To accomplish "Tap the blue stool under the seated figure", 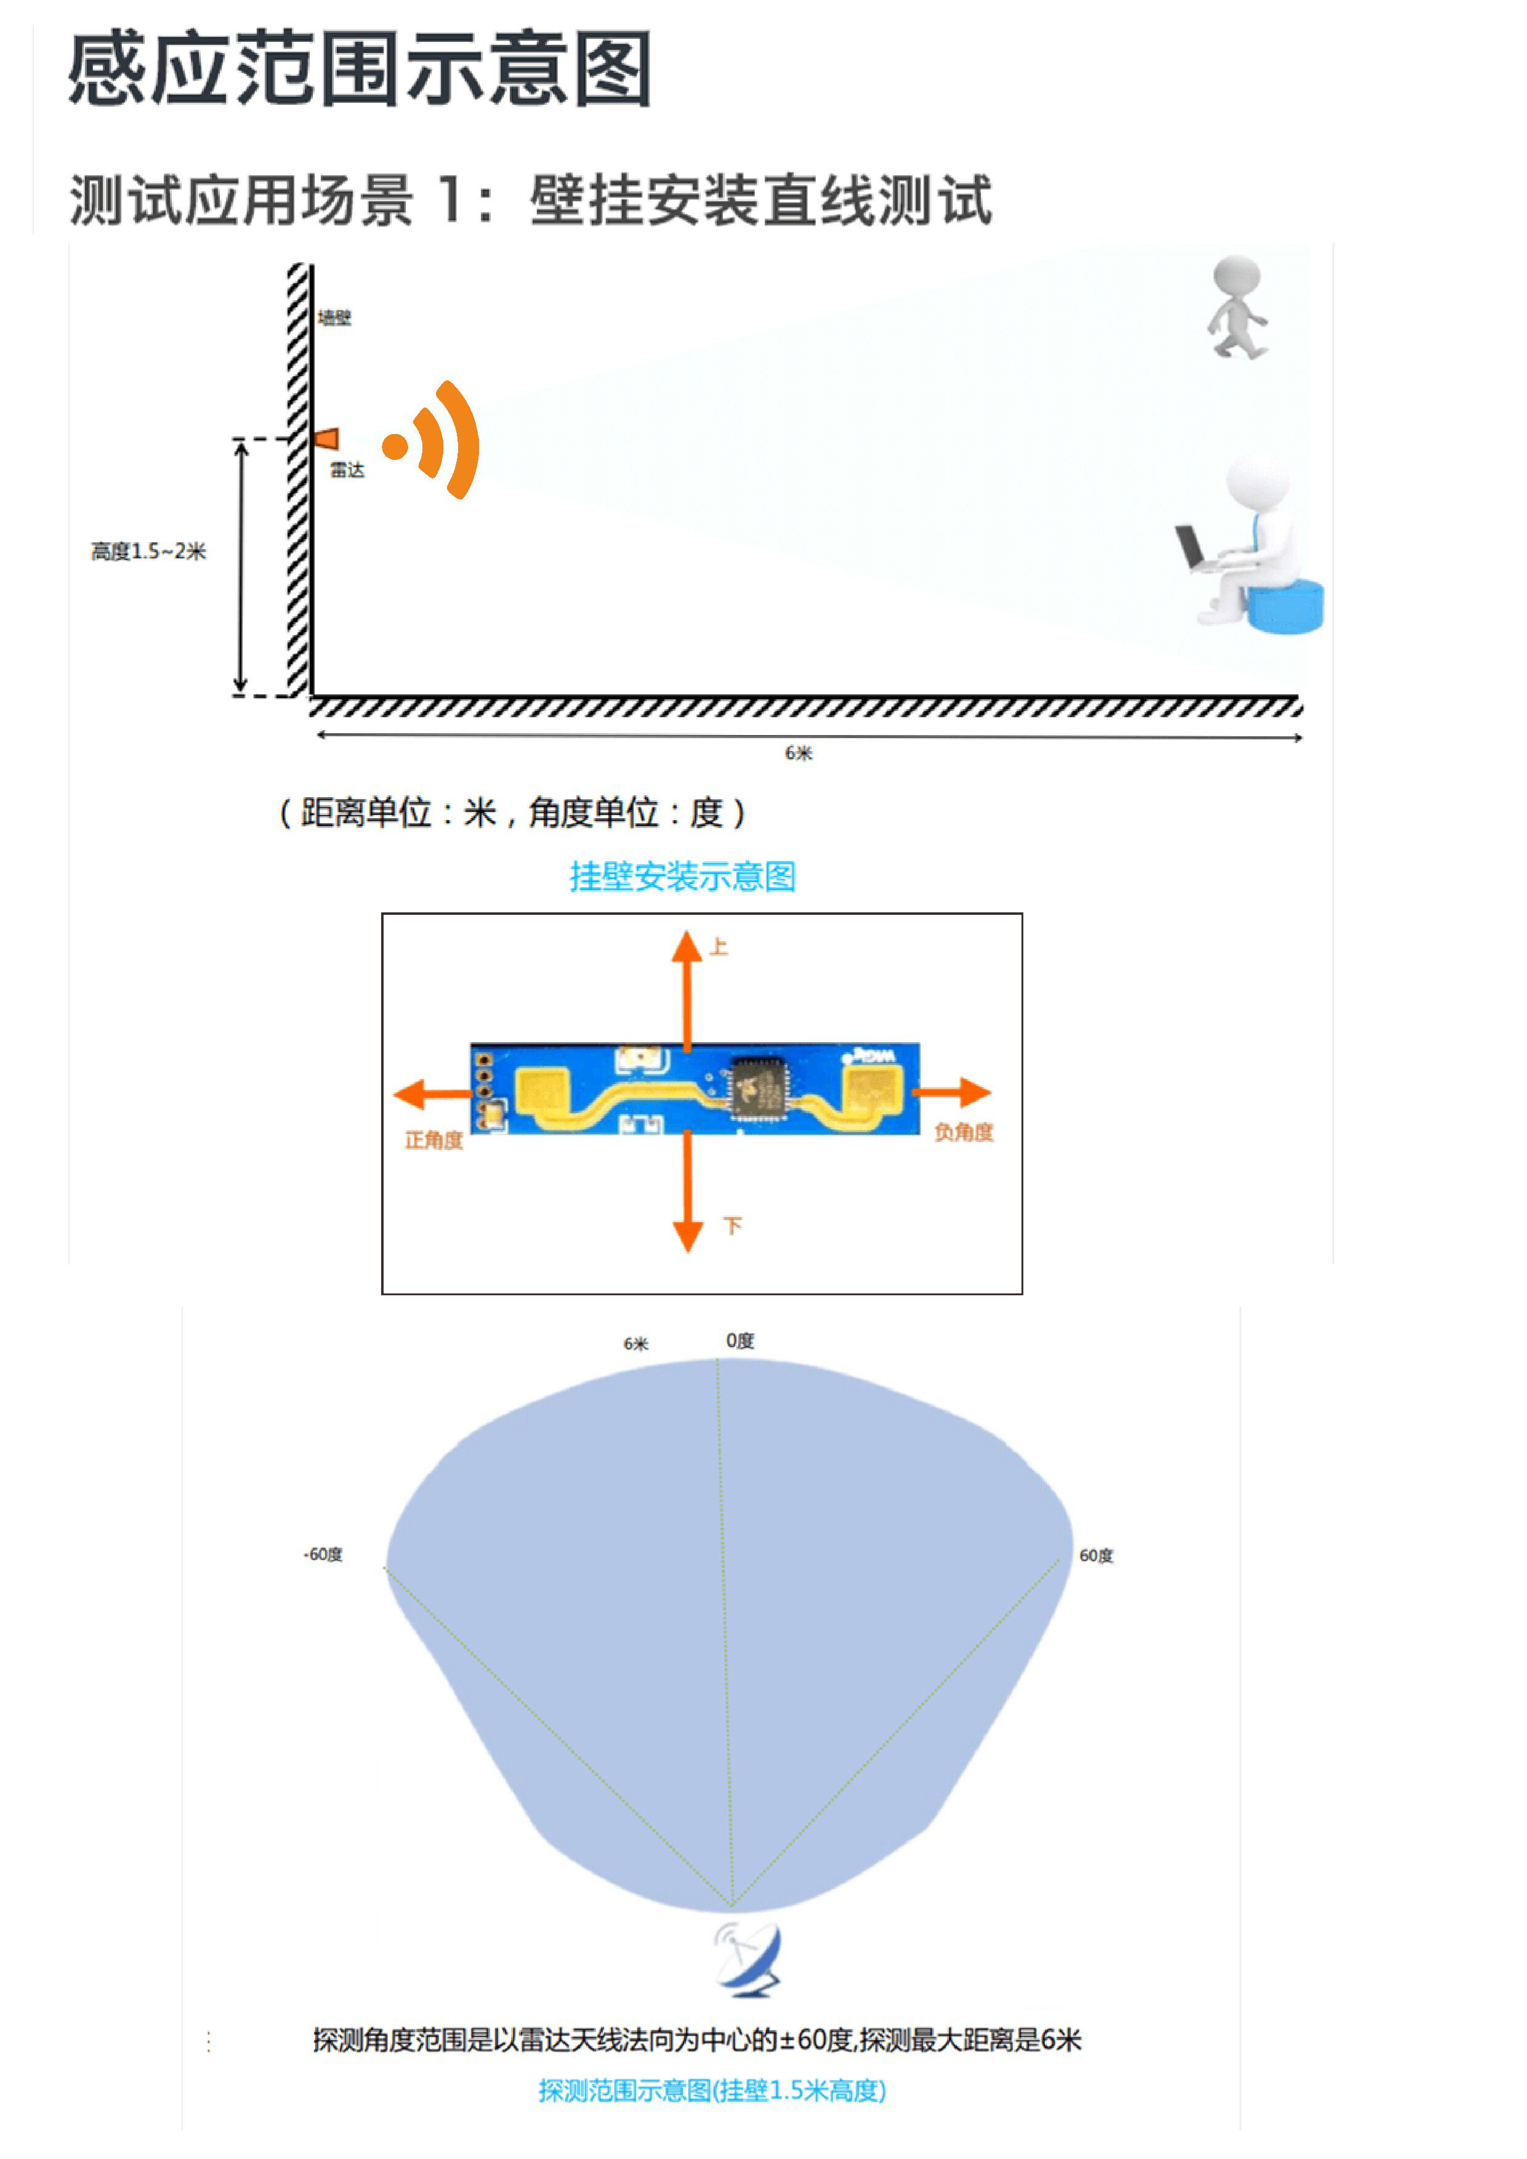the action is tap(1286, 606).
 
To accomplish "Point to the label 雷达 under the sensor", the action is tap(347, 470).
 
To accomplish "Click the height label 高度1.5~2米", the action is tap(148, 551).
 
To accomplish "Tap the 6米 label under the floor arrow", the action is tap(799, 753).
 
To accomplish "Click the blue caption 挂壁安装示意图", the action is tap(683, 877).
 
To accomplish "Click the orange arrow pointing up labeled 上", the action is tap(687, 987).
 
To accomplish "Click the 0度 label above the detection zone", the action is tap(740, 1341).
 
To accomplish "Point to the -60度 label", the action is tap(323, 1554).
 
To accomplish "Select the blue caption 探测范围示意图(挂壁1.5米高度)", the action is tap(712, 2090).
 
